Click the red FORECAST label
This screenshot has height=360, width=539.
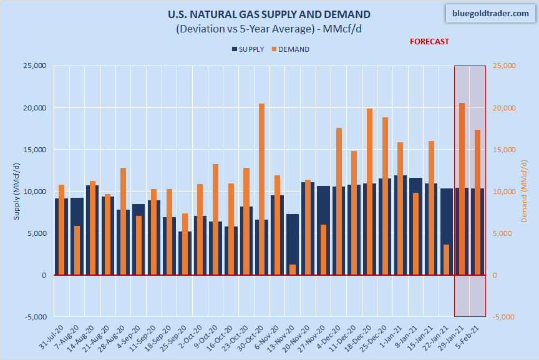pyautogui.click(x=429, y=42)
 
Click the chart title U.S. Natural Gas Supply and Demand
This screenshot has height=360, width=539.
pyautogui.click(x=269, y=14)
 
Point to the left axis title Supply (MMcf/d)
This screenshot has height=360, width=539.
pyautogui.click(x=16, y=191)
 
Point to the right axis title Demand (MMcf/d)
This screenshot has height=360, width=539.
pyautogui.click(x=523, y=191)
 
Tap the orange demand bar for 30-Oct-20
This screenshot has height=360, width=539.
pyautogui.click(x=261, y=187)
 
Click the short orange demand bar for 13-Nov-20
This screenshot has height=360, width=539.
pyautogui.click(x=292, y=270)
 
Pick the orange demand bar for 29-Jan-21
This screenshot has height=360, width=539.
pyautogui.click(x=462, y=187)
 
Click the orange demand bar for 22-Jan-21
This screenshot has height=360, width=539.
pyautogui.click(x=447, y=260)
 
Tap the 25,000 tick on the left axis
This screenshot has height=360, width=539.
pyautogui.click(x=36, y=66)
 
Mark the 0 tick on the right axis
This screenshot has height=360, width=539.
pyautogui.click(x=495, y=275)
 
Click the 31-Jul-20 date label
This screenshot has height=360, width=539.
pyautogui.click(x=51, y=338)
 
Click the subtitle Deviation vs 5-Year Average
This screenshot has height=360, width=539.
pyautogui.click(x=269, y=29)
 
